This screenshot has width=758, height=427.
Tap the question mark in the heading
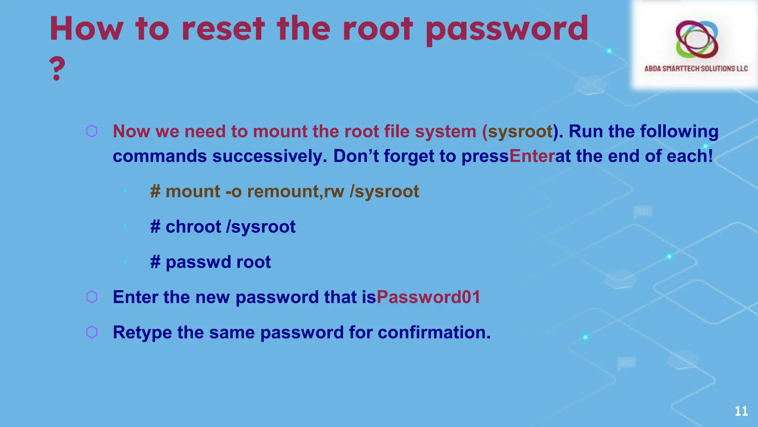[x=57, y=69]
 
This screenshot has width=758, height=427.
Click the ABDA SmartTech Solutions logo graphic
[x=697, y=39]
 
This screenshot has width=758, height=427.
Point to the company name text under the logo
[x=696, y=69]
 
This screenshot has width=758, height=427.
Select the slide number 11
[x=741, y=411]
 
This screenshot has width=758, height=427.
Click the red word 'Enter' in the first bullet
[x=532, y=156]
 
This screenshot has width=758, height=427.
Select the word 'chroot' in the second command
[x=193, y=227]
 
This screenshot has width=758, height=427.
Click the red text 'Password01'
[x=428, y=297]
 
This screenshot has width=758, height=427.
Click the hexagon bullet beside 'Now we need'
[x=92, y=131]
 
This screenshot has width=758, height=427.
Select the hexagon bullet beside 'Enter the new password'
[x=92, y=297]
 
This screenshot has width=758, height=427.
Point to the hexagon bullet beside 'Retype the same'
[x=92, y=332]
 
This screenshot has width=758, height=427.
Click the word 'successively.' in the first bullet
[x=269, y=156]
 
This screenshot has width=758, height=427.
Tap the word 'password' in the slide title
[x=507, y=30]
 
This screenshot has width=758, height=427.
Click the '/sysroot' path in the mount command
[x=384, y=192]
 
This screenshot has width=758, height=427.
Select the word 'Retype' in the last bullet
[x=142, y=332]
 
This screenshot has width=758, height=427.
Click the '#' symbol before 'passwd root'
[x=155, y=262]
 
